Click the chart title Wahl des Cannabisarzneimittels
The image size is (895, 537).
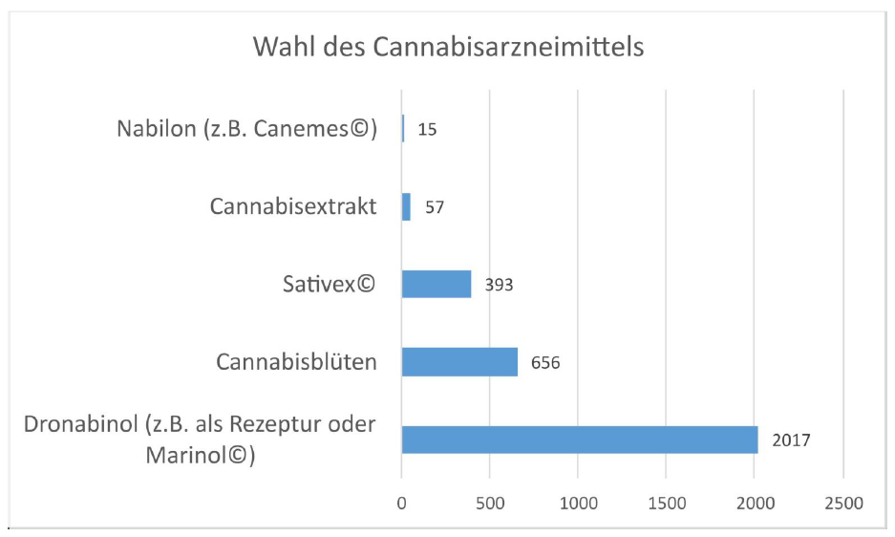(x=448, y=47)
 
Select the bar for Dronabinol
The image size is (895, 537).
(x=580, y=440)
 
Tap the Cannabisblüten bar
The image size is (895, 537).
(x=459, y=362)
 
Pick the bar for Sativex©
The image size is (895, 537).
(x=437, y=284)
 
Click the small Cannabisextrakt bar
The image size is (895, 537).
(x=406, y=206)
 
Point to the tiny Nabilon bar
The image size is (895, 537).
(x=403, y=128)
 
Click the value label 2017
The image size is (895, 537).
(x=792, y=440)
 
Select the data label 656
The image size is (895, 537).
(x=544, y=363)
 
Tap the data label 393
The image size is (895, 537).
(x=499, y=285)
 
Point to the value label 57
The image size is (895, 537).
(x=436, y=206)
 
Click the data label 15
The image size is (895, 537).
(x=427, y=129)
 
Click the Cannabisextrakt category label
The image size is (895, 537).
(x=293, y=205)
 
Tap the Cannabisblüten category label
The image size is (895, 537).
(x=296, y=362)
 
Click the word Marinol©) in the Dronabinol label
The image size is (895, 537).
(x=200, y=456)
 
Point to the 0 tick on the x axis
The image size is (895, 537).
(x=402, y=503)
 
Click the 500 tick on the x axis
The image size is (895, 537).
(x=490, y=503)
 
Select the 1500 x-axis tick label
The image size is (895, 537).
(x=667, y=503)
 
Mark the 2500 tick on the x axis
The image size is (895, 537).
(x=842, y=503)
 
